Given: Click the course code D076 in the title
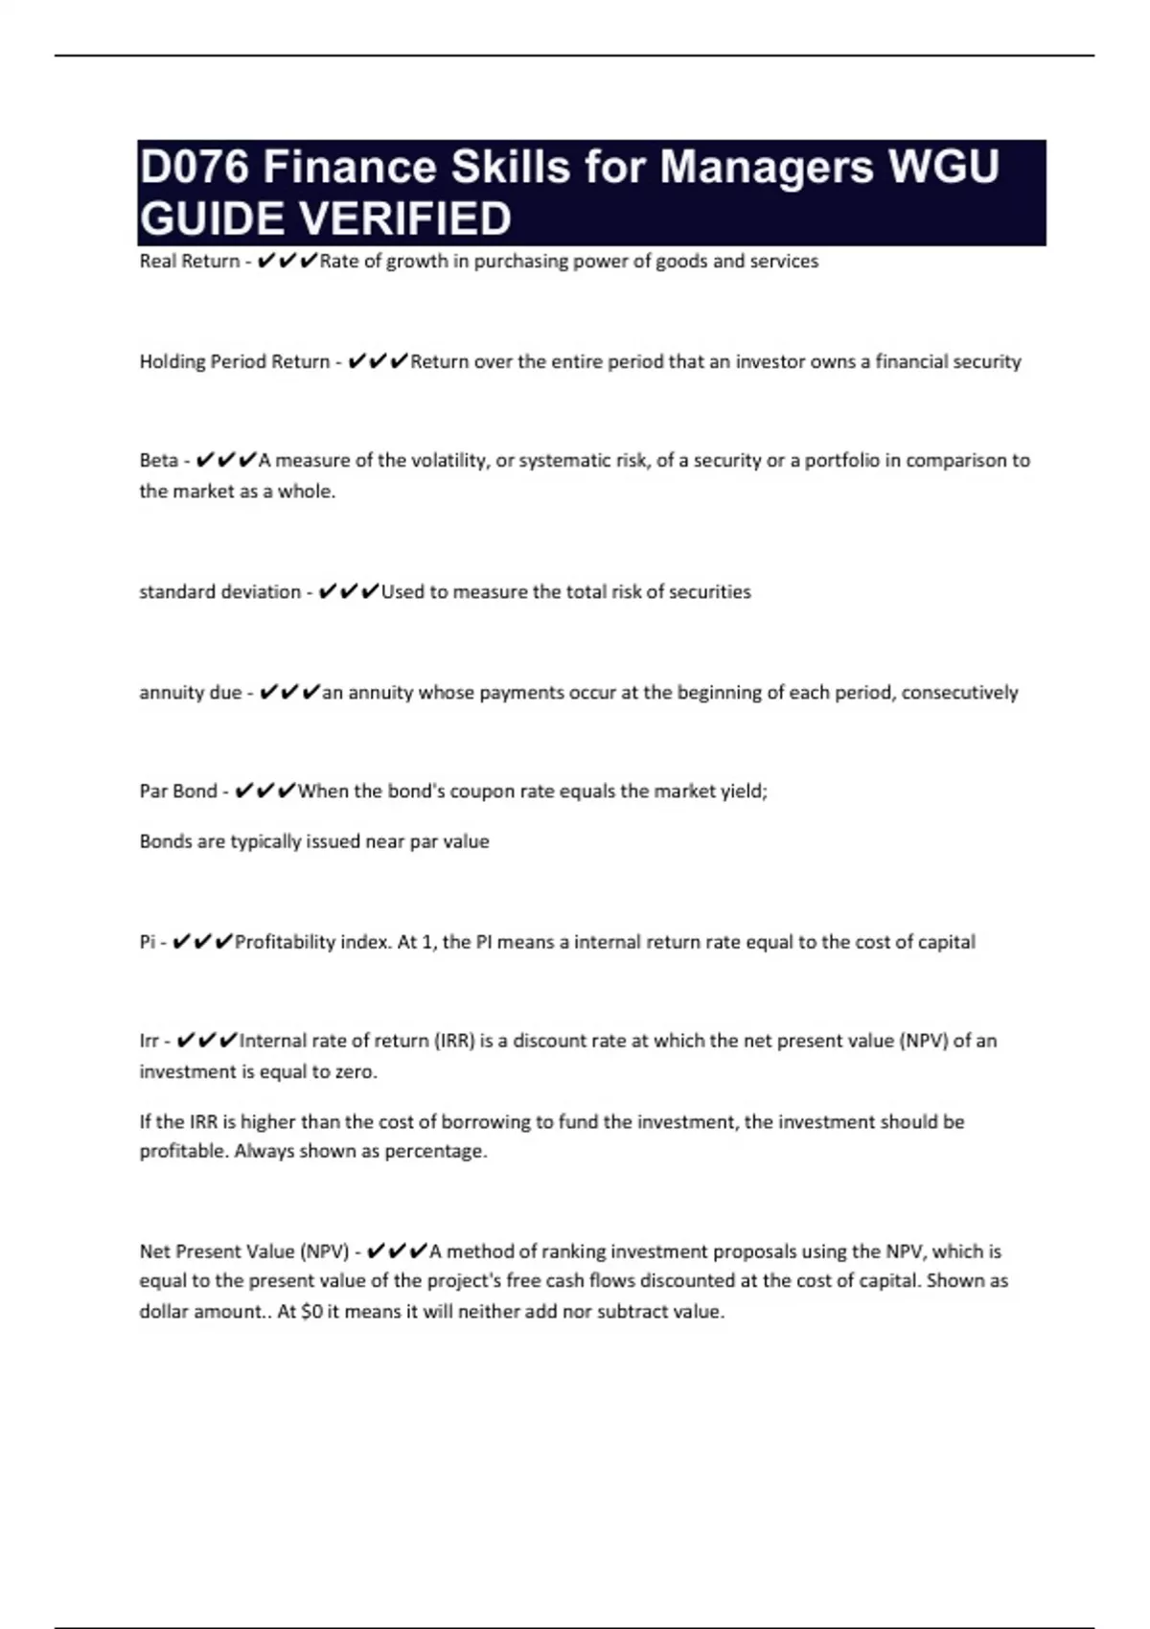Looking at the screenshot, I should point(195,168).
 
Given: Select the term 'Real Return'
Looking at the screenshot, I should point(189,262).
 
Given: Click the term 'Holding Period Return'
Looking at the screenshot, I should point(234,362).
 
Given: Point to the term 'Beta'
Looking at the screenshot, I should point(158,461).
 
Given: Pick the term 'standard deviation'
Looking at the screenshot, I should point(219,592).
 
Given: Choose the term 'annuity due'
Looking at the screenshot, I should point(190,693).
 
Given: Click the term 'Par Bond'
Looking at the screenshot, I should point(178,792).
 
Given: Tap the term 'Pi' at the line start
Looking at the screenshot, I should point(147,942).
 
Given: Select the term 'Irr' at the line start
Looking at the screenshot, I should point(149,1041).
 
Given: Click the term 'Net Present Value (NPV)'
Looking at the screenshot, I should point(243,1251).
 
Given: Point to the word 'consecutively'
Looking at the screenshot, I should point(959,693).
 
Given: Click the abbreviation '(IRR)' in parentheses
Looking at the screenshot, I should point(454,1041).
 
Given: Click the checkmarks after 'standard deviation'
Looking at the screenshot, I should point(348,592).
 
